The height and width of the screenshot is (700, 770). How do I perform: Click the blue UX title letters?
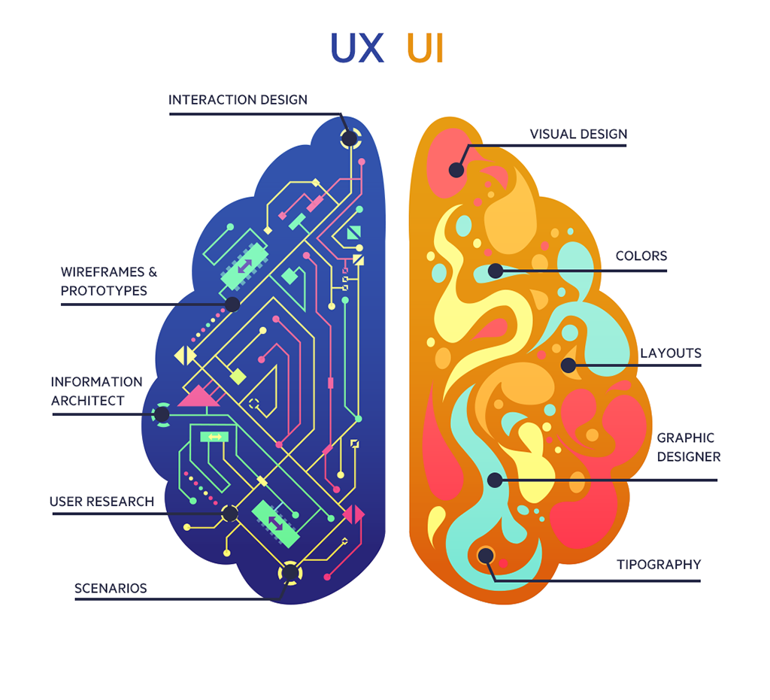tap(357, 47)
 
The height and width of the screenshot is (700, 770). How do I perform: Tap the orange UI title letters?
tap(425, 47)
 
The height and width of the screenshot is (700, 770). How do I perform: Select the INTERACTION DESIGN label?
tap(238, 99)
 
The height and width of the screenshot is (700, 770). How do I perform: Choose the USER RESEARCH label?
tap(102, 502)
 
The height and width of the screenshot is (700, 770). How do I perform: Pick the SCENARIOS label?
tap(111, 588)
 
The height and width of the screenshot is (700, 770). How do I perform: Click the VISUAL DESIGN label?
tap(578, 135)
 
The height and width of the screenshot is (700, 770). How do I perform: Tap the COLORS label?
tap(641, 256)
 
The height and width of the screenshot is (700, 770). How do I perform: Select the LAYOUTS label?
tap(671, 353)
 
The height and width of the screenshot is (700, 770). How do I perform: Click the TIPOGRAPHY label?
tap(659, 565)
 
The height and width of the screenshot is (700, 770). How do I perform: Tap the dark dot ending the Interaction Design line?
tap(350, 138)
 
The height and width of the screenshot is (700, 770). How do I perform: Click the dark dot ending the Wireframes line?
tap(232, 305)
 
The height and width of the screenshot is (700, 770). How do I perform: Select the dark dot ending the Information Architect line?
tap(162, 414)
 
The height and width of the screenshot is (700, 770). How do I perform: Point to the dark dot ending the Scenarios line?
tap(290, 574)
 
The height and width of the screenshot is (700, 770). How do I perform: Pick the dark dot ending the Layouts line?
tap(568, 366)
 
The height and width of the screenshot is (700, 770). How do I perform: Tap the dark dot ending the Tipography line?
tap(486, 556)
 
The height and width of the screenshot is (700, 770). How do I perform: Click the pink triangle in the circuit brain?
tap(199, 396)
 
